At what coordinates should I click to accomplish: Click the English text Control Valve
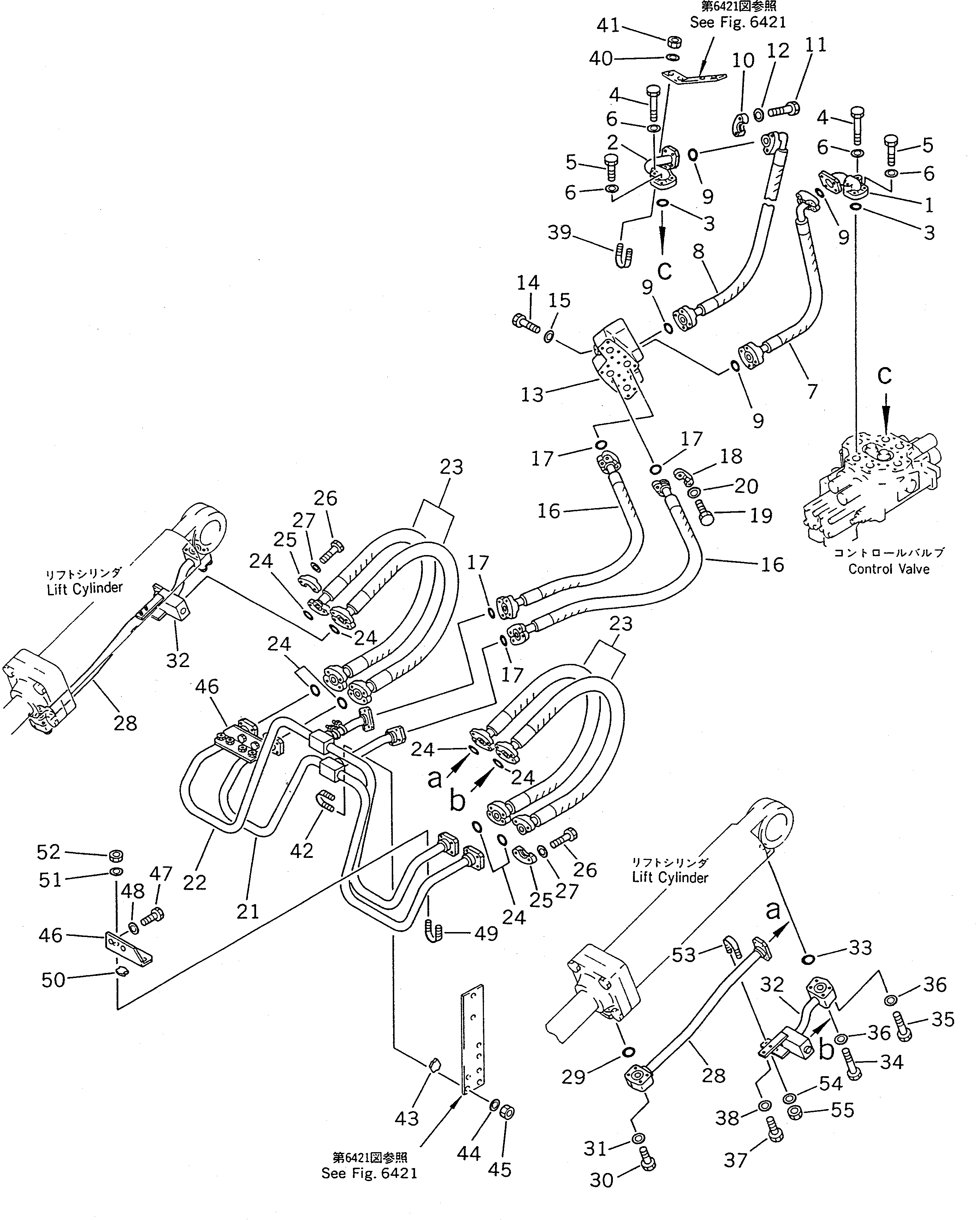pyautogui.click(x=888, y=569)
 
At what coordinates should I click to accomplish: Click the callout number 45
pyautogui.click(x=499, y=1169)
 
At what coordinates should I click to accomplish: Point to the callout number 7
pyautogui.click(x=812, y=391)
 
